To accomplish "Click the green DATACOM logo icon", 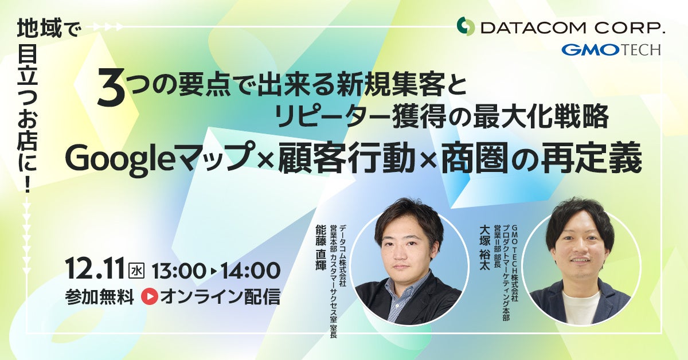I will click(x=466, y=26).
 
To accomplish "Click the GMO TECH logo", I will click(x=611, y=50).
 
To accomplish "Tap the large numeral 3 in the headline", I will click(x=112, y=90).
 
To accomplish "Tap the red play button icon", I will click(x=149, y=296).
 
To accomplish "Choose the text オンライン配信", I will click(x=220, y=296).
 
